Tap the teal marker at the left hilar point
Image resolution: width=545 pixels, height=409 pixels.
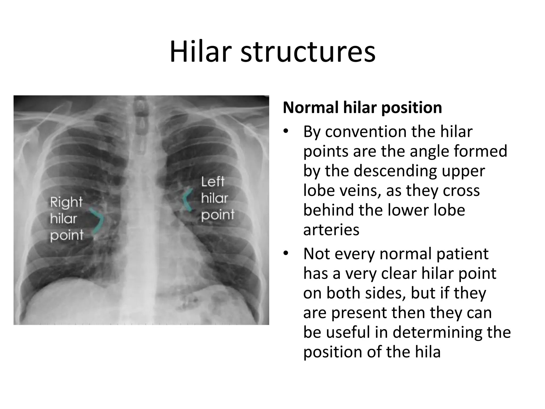coord(187,200)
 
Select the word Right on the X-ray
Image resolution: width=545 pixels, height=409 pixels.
coord(66,202)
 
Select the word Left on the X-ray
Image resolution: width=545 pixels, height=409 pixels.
coord(213,182)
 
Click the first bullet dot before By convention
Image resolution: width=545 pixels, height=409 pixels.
coord(286,132)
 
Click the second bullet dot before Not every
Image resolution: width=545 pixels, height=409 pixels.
coord(286,253)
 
